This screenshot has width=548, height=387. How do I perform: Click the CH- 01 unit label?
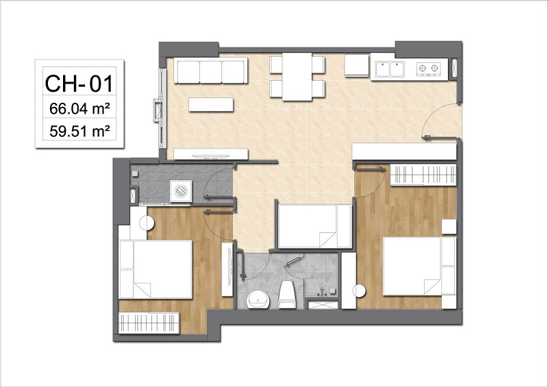79,83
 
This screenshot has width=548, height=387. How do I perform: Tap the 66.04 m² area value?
80,109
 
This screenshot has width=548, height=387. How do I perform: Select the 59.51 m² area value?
80,132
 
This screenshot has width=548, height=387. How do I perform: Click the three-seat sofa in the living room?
211,71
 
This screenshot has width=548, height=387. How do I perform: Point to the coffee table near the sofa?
211,105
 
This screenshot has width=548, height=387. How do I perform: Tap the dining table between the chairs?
297,77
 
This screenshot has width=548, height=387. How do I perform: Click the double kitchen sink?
390,69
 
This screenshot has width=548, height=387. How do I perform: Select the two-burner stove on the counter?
428,68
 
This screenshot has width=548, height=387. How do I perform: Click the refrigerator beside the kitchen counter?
357,65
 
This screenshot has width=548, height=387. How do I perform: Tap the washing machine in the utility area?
181,191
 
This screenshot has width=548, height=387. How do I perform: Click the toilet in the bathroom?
287,295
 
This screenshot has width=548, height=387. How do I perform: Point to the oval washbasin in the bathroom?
258,299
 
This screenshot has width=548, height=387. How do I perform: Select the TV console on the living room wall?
211,154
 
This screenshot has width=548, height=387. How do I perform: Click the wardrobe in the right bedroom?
423,175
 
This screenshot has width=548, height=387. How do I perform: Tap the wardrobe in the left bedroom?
149,323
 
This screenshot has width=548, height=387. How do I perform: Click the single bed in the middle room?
314,226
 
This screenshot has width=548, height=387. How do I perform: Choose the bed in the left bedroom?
155,269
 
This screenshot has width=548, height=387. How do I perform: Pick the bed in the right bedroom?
419,266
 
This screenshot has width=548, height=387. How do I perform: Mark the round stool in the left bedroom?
147,223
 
